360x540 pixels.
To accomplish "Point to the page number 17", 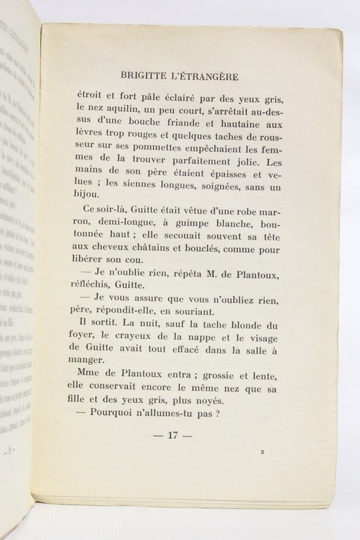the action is click(x=172, y=435).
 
